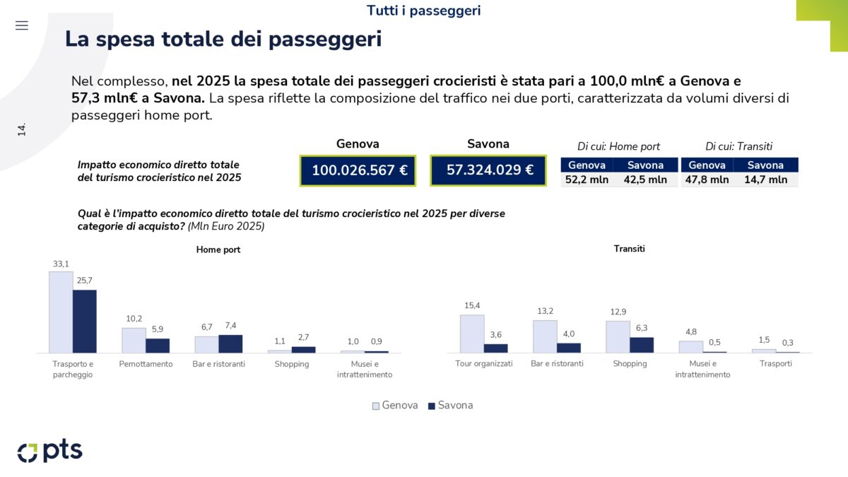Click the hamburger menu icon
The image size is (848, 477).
tap(22, 25)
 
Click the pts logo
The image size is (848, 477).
tap(49, 451)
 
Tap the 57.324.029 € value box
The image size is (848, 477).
tap(488, 170)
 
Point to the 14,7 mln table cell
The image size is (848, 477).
tap(765, 179)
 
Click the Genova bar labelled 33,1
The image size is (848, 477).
tap(61, 312)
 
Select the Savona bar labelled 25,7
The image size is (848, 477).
tap(85, 321)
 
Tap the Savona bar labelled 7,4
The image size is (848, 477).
tap(230, 343)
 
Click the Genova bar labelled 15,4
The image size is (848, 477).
tap(472, 334)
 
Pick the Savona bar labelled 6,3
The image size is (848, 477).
tap(642, 345)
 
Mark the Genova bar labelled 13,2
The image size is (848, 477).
tap(545, 336)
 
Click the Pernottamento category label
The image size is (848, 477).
tap(146, 364)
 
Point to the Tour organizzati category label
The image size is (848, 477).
tap(483, 364)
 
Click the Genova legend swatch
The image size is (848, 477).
tap(377, 406)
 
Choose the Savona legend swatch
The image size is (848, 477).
tap(432, 406)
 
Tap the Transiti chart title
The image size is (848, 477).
tap(629, 249)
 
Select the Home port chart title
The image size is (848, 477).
tap(218, 249)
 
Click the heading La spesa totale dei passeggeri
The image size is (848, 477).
tap(223, 39)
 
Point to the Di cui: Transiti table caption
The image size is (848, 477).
tap(738, 146)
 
